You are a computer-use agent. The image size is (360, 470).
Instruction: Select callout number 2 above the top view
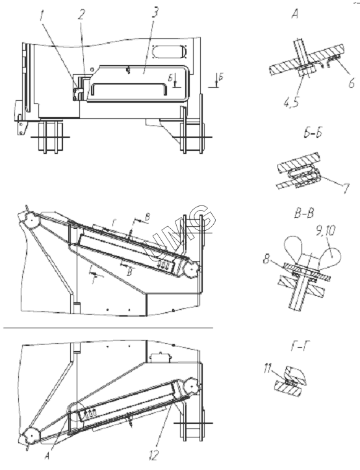click(82, 15)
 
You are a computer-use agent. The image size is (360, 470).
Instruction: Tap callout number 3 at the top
click(155, 12)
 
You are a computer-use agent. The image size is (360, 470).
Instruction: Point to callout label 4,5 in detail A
click(291, 102)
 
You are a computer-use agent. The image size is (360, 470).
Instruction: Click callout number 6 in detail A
click(352, 82)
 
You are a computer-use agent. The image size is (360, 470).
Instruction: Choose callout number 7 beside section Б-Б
click(346, 189)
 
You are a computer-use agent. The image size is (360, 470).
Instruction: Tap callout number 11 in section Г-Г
click(269, 369)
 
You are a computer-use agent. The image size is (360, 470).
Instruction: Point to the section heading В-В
click(304, 214)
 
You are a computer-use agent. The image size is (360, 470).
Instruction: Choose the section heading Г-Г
click(300, 346)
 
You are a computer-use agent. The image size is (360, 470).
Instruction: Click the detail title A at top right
click(295, 14)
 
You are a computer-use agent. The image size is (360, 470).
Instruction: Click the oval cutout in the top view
click(170, 51)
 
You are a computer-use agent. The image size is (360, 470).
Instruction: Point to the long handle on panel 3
click(129, 85)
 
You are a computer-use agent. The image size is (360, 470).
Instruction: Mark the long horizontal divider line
click(109, 328)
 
